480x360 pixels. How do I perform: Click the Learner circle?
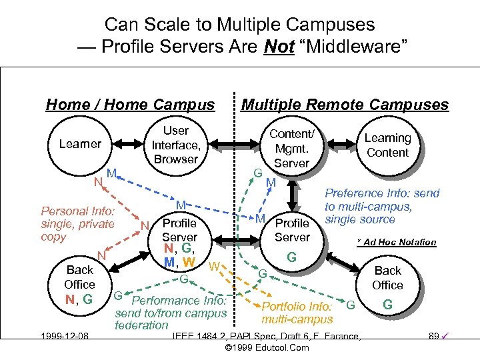[x=80, y=144]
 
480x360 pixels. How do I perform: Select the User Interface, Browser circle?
[x=175, y=145]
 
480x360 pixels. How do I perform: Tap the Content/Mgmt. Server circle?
[x=291, y=149]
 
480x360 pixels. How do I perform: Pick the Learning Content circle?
[x=387, y=145]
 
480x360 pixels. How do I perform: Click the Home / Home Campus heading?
[x=130, y=105]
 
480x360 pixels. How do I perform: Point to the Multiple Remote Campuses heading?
[x=345, y=105]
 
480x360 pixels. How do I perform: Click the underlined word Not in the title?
[x=279, y=47]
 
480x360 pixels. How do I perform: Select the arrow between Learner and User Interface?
[x=127, y=144]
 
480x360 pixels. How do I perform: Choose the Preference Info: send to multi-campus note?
[x=382, y=206]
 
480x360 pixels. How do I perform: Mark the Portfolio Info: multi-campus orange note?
[x=297, y=313]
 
